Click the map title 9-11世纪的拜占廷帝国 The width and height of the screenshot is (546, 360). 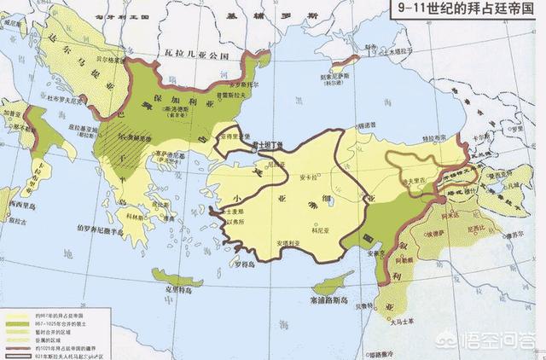[465, 11]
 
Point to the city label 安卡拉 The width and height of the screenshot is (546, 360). [311, 178]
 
